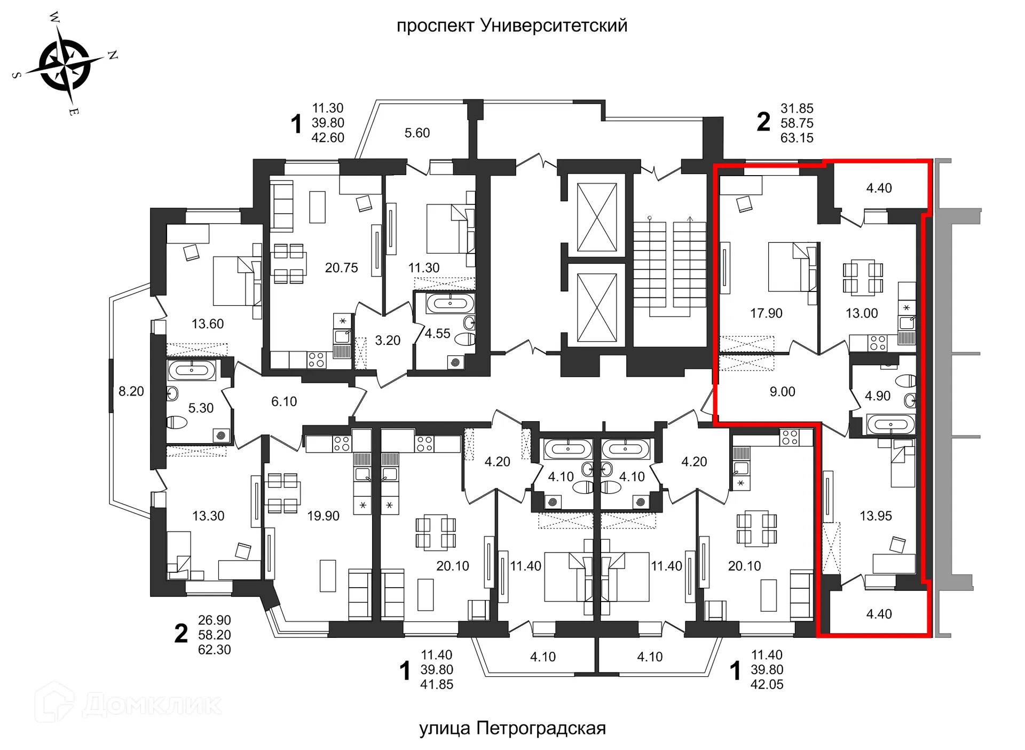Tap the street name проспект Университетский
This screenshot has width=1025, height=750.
(x=511, y=26)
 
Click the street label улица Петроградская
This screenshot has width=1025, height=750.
(x=512, y=728)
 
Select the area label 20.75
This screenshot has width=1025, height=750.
(x=341, y=268)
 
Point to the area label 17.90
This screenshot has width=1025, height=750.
(x=766, y=313)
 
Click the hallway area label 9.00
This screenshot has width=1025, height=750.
(x=782, y=392)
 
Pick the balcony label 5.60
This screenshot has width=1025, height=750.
(x=417, y=133)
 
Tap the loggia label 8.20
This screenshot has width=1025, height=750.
(x=131, y=391)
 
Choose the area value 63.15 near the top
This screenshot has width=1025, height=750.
(x=797, y=138)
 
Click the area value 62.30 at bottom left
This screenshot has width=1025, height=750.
(x=214, y=650)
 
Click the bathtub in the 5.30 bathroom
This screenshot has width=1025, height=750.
(x=191, y=370)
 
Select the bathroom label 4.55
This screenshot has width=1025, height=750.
(x=437, y=334)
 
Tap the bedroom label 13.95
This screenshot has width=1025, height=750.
(x=876, y=516)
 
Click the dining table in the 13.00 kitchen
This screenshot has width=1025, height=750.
(x=863, y=278)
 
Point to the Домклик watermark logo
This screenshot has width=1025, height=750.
(x=128, y=704)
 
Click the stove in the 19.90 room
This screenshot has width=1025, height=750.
(x=341, y=444)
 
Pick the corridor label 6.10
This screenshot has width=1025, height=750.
(x=283, y=401)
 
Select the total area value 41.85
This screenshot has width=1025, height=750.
(x=436, y=684)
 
